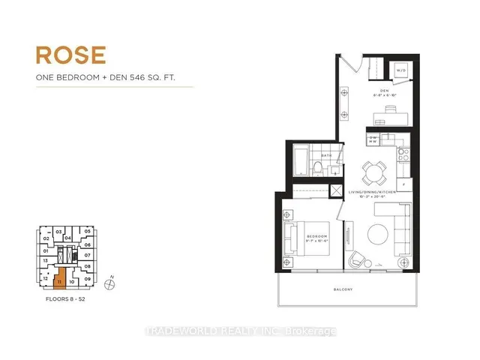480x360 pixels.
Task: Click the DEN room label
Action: [x=382, y=92]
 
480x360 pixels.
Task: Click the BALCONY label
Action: [x=344, y=289]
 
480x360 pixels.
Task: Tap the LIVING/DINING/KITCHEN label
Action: [x=373, y=193]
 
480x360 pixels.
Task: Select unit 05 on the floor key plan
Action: [x=88, y=231]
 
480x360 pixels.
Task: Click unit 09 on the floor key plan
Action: [x=88, y=279]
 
